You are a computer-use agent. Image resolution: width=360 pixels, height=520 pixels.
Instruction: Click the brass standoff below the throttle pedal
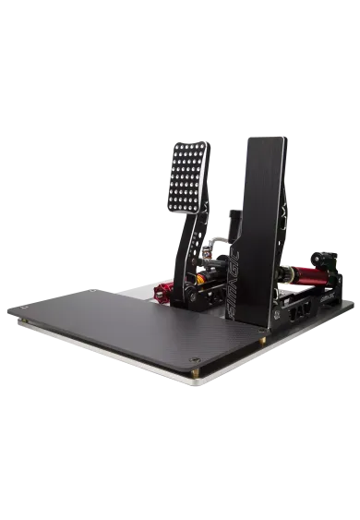coord(265,339)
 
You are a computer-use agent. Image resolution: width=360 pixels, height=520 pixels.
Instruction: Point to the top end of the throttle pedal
coord(266,140)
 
